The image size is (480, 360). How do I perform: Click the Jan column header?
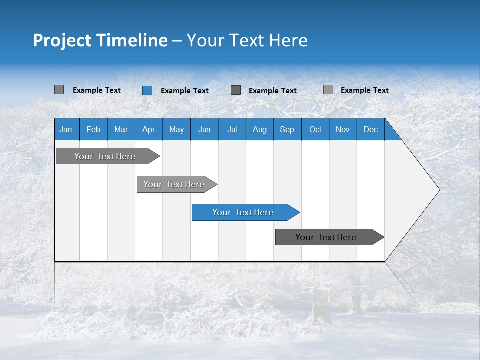66,129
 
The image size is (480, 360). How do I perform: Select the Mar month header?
121,129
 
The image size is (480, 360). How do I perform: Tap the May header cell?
176,129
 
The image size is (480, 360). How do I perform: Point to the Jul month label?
232,129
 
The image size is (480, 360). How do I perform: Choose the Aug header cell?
259,129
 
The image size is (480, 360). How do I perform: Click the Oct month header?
315,129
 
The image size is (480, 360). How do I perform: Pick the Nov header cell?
342,129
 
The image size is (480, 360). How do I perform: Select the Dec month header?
370,129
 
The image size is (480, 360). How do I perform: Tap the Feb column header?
93,129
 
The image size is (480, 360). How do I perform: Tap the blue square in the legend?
147,90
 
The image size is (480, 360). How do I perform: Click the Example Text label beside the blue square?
184,91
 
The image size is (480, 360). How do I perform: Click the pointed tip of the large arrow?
438,190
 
